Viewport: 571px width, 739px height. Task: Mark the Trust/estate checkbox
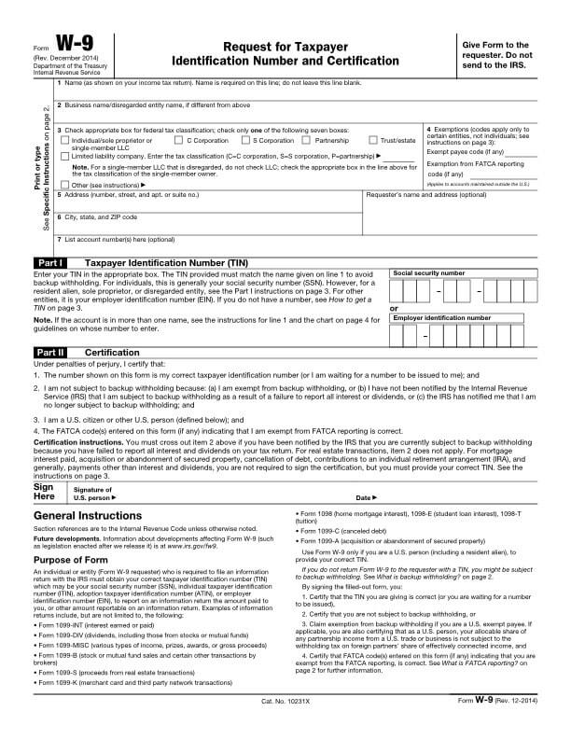click(x=372, y=140)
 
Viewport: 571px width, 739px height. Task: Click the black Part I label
click(x=49, y=263)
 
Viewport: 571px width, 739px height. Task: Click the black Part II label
click(x=49, y=353)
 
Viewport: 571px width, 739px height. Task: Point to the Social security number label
click(x=428, y=272)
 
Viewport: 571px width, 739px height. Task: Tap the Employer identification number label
click(x=441, y=317)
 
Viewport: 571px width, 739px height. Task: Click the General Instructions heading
click(x=88, y=516)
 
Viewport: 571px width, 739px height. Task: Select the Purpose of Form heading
click(x=73, y=559)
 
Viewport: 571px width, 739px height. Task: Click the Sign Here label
click(x=44, y=493)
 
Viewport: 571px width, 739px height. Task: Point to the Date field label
click(x=365, y=498)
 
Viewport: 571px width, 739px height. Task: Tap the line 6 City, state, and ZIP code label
click(x=97, y=216)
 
